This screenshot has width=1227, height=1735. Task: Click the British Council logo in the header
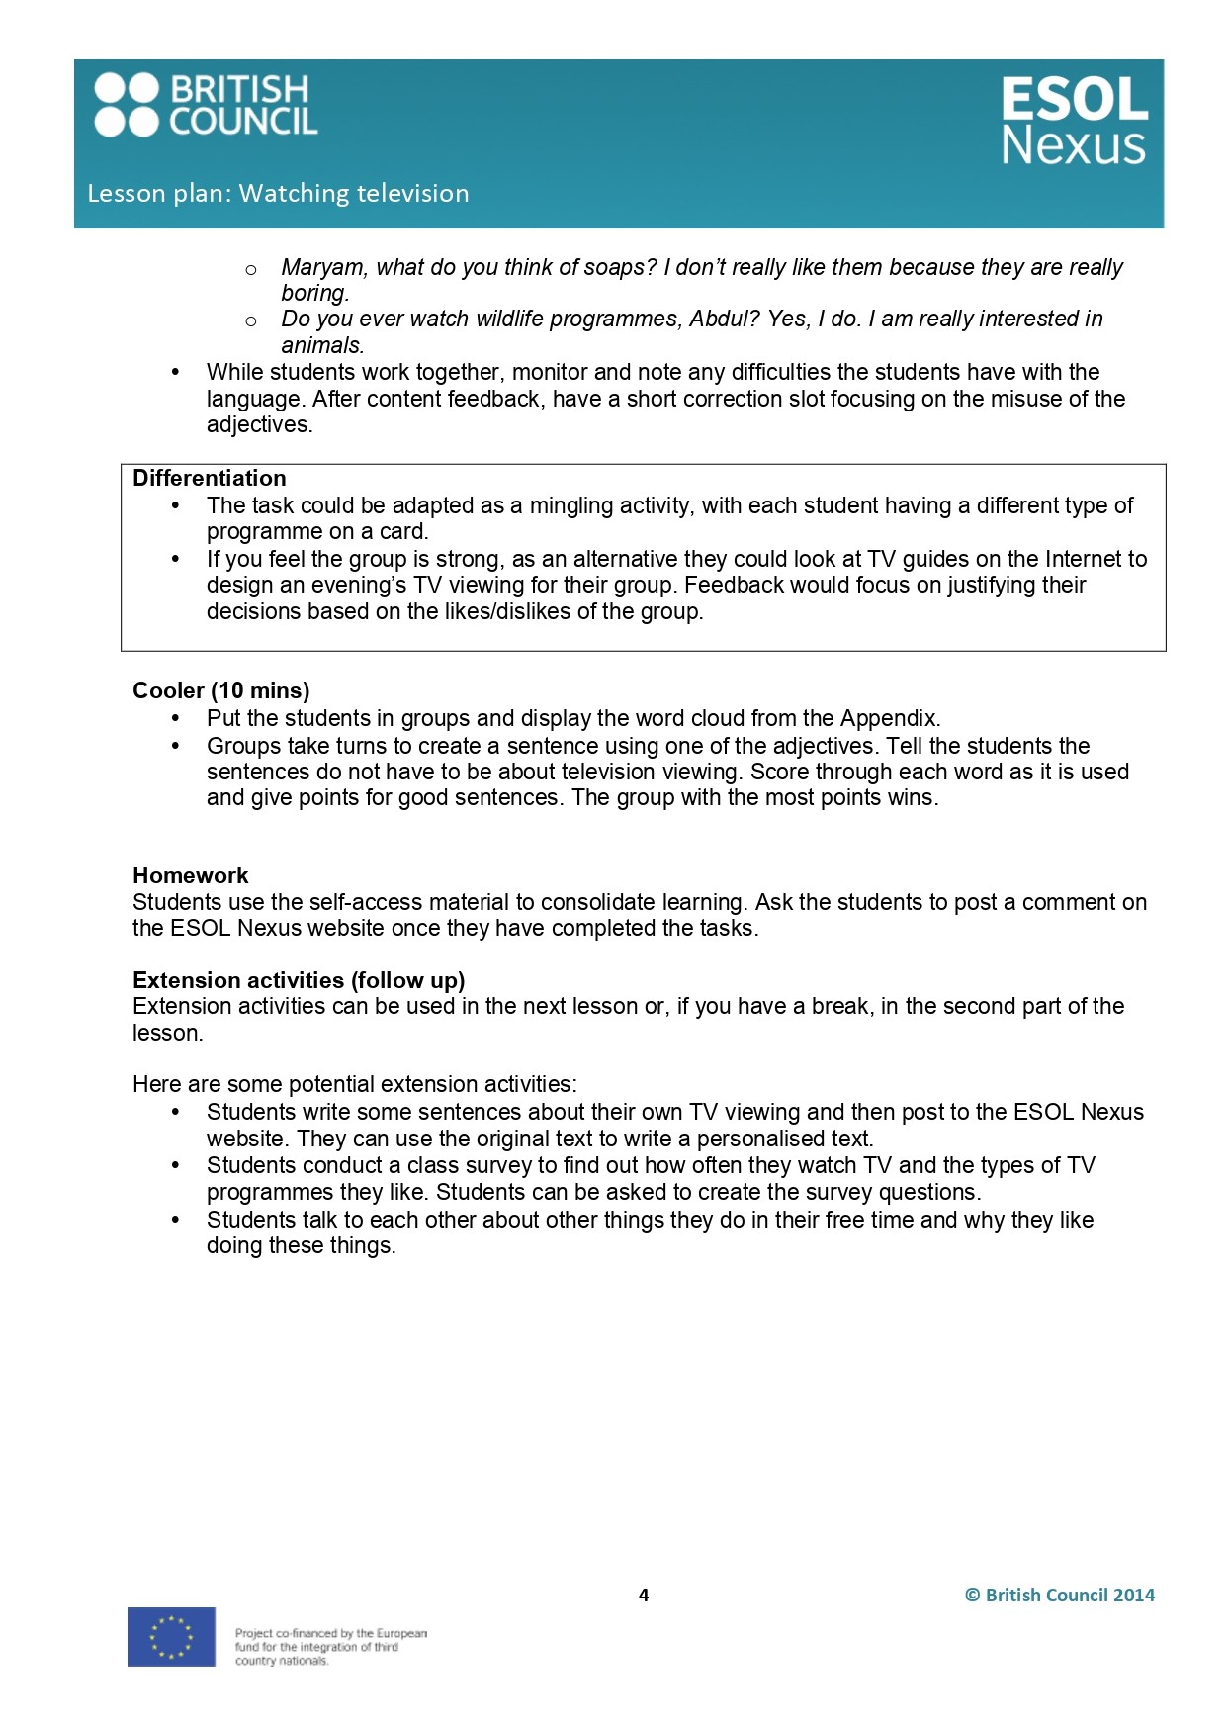click(x=206, y=105)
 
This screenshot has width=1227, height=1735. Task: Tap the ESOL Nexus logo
click(x=1074, y=122)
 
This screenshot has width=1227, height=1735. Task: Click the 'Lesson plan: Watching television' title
click(x=278, y=193)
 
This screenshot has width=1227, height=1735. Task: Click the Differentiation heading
click(x=210, y=478)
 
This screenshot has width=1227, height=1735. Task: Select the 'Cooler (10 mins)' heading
click(x=220, y=690)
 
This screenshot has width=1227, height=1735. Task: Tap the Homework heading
click(x=191, y=875)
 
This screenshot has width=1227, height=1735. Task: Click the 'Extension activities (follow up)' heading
click(x=299, y=980)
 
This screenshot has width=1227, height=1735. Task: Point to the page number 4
click(x=644, y=1595)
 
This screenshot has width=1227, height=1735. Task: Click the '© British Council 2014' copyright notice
click(x=1060, y=1595)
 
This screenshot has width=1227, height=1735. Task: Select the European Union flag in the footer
click(x=171, y=1637)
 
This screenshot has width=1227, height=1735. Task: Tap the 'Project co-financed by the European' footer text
click(x=331, y=1633)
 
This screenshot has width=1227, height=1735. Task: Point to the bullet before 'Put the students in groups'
click(x=176, y=719)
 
